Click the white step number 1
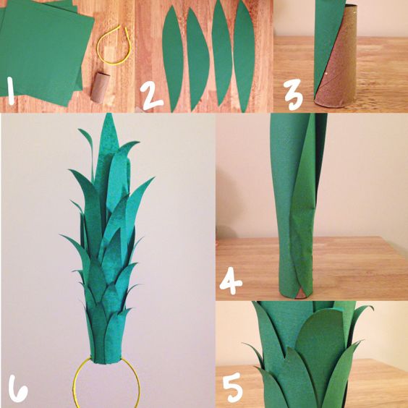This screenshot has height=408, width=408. point(11,90)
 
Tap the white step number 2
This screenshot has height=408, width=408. point(151,96)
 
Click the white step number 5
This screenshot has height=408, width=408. point(233,387)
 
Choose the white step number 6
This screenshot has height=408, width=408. point(17,388)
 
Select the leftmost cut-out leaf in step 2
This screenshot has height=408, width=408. point(173,59)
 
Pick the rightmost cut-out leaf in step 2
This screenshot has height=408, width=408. point(244,56)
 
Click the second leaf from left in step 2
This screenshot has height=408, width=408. point(197,59)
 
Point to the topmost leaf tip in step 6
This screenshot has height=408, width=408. point(109,114)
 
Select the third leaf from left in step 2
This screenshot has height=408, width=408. point(221,54)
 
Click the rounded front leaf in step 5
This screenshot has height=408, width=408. point(320,346)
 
